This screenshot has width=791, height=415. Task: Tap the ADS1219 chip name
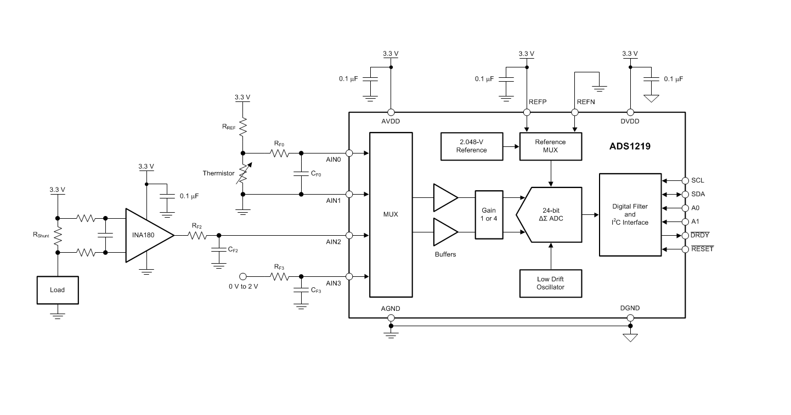[x=630, y=146]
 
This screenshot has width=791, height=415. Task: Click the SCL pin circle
[x=685, y=181]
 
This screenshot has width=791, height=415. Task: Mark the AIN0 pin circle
[x=349, y=153]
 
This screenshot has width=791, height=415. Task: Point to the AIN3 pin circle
[x=349, y=277]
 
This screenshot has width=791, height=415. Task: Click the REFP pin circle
[x=527, y=112]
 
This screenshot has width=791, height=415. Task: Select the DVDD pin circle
[x=630, y=112]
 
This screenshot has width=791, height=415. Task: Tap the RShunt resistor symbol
[x=58, y=235]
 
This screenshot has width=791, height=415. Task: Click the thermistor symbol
[x=244, y=174]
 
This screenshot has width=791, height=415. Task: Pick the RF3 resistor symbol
[x=280, y=277]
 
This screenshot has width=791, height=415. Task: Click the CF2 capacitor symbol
[x=219, y=249]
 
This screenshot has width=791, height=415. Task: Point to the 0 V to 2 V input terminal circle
[x=242, y=277]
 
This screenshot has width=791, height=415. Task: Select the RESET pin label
[x=702, y=249]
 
